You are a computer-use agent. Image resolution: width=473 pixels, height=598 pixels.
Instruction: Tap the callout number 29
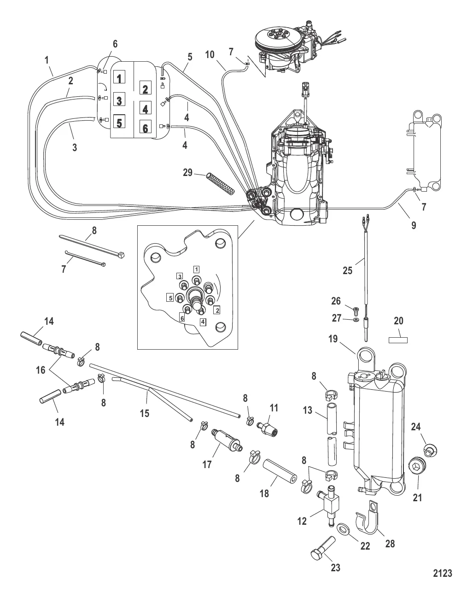(x=188, y=173)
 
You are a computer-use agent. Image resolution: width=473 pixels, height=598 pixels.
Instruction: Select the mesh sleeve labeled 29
(x=221, y=184)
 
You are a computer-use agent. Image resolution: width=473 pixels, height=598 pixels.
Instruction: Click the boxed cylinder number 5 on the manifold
(x=119, y=122)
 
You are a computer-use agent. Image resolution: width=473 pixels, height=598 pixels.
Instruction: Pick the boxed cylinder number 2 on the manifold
(x=146, y=88)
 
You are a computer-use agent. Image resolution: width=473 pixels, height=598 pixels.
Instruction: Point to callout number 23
(x=336, y=568)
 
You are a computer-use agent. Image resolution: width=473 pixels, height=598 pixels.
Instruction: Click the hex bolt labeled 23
(x=323, y=548)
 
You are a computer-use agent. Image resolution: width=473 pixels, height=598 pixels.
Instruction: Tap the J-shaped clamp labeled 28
(x=368, y=516)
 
